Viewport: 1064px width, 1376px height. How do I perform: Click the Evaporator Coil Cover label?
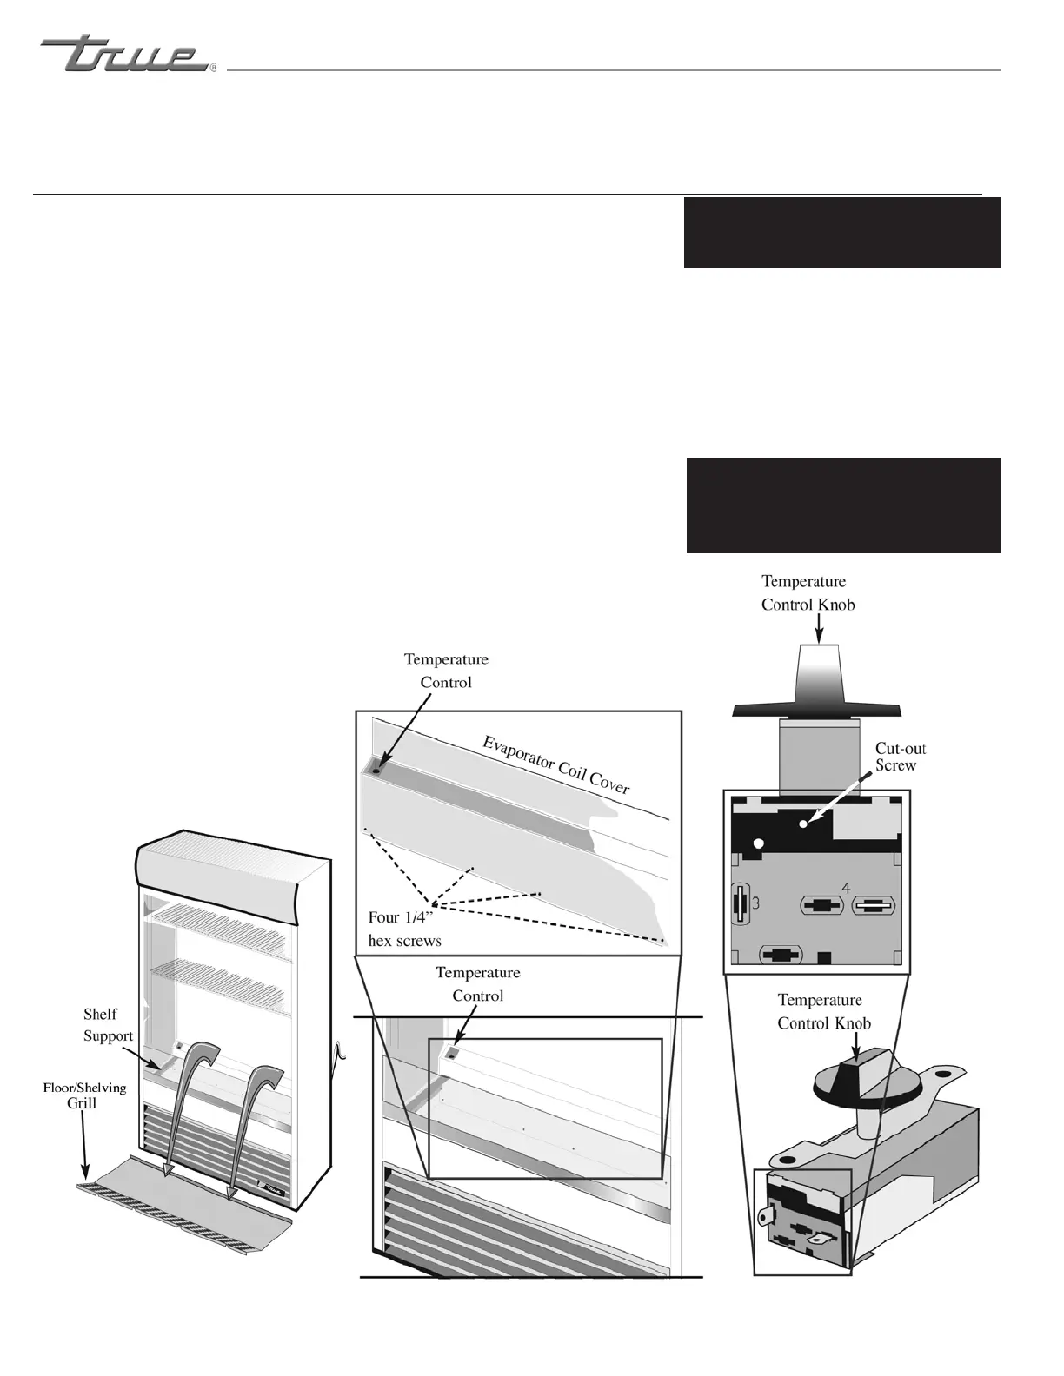(556, 764)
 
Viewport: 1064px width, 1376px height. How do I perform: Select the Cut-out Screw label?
(900, 757)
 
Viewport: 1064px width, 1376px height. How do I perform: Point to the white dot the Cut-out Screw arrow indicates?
(803, 822)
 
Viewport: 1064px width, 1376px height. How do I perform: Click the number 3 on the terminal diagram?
(756, 903)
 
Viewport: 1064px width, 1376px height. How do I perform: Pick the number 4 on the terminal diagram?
(846, 888)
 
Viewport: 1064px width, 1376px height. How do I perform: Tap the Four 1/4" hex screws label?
(405, 929)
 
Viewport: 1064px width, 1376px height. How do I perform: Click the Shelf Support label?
(108, 1025)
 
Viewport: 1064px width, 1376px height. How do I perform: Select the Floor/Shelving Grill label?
(84, 1095)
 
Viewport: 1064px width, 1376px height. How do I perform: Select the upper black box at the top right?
(841, 232)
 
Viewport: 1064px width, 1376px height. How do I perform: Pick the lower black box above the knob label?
(843, 505)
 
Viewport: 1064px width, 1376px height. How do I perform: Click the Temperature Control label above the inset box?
(446, 671)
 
